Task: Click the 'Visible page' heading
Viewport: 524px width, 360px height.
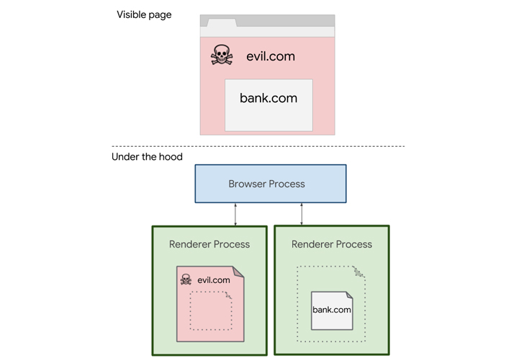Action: coord(144,15)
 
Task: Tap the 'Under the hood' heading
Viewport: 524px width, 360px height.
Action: coord(147,157)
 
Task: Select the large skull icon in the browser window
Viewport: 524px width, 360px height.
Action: coord(221,55)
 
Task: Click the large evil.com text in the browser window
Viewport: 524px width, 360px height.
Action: coord(271,56)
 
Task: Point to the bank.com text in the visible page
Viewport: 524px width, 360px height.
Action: coord(268,98)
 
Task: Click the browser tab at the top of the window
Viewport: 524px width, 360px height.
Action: coord(222,23)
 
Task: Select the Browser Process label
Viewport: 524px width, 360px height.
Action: coord(266,184)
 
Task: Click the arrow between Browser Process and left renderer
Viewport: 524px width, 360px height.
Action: coord(235,215)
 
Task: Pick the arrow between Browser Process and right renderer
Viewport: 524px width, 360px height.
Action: coord(302,214)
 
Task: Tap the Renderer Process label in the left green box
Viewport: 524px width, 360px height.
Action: coord(209,244)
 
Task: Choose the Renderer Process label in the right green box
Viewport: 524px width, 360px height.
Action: coord(332,244)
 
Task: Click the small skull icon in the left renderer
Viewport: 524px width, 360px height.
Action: coord(186,279)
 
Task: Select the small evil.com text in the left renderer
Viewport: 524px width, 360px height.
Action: coord(214,280)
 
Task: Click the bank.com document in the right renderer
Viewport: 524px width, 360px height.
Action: coord(332,311)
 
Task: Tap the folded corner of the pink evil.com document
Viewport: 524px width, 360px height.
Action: coord(238,271)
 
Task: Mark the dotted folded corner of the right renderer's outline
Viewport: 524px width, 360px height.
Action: coord(359,271)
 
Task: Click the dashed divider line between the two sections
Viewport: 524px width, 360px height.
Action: coord(258,146)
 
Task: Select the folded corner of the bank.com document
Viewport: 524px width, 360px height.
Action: coord(349,294)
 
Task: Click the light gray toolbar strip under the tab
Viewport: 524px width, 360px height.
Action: coord(267,32)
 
